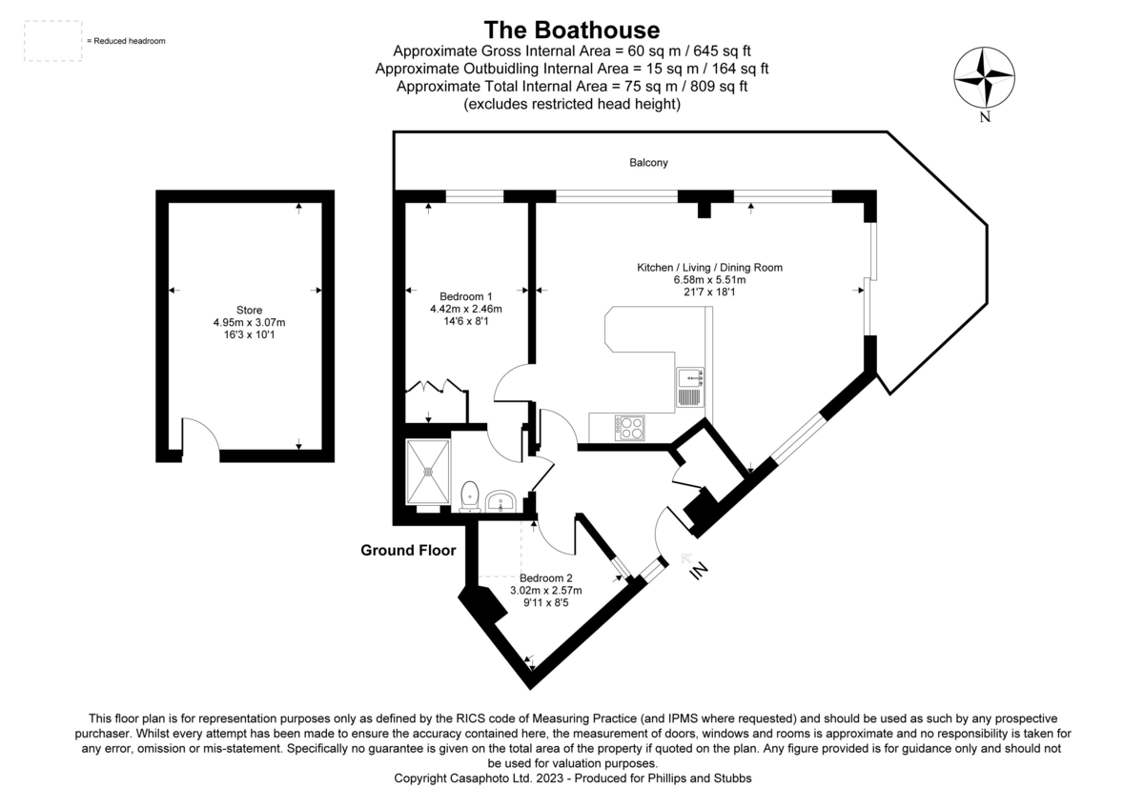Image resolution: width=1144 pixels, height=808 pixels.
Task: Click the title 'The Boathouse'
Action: [x=571, y=30]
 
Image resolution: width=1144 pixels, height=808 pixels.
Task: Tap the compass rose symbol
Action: [x=985, y=78]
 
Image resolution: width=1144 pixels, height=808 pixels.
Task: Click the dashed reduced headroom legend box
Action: [x=52, y=41]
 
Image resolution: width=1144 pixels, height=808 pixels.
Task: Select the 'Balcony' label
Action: [x=648, y=163]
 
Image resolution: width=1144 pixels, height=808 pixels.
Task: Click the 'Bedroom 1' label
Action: [x=466, y=295]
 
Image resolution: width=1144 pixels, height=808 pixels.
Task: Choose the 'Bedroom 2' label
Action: [x=546, y=578]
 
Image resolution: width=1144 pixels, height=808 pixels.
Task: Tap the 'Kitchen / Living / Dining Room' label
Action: [x=709, y=268]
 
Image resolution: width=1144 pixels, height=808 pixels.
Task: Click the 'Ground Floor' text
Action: [x=408, y=550]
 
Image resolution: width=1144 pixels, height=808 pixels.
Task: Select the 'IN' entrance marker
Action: [x=699, y=569]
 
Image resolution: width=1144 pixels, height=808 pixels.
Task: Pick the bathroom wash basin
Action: [x=500, y=500]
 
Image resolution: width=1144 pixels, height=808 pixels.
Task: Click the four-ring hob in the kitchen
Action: [x=630, y=428]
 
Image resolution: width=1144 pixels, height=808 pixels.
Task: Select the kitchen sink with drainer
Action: [x=689, y=387]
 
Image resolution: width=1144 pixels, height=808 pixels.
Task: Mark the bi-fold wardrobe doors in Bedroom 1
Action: [x=434, y=387]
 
